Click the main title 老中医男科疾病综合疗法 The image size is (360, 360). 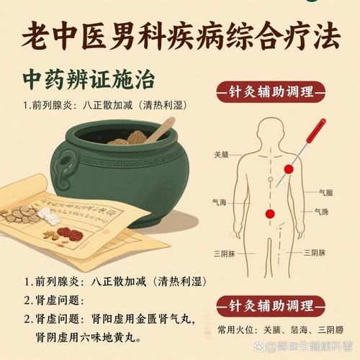[180, 35]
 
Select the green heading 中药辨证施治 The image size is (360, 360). [88, 77]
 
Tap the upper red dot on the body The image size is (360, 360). [289, 170]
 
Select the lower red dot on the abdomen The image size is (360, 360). [271, 213]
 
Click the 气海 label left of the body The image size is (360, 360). [219, 203]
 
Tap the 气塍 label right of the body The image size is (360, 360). [321, 212]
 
